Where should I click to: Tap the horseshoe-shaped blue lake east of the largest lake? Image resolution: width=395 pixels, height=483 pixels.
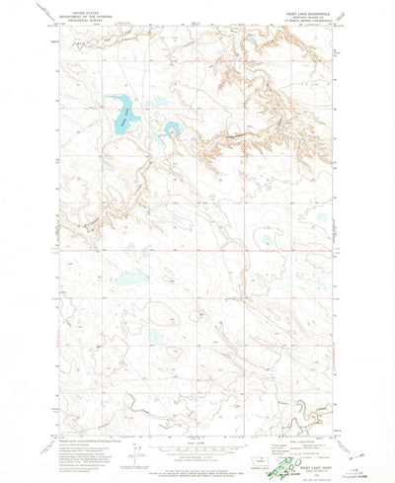(172, 129)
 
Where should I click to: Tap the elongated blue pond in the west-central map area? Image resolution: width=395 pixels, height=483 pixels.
(128, 279)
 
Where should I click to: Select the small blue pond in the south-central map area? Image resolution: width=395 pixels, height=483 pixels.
(155, 337)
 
